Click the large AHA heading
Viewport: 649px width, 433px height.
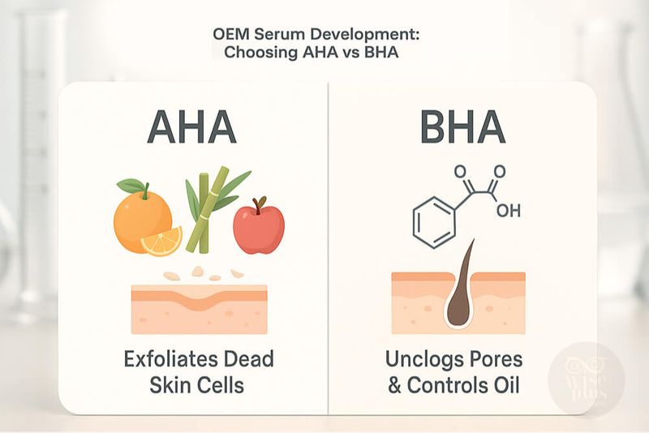coord(191,127)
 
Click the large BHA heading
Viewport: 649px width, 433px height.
coord(462,127)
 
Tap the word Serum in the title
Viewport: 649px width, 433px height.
coord(273,34)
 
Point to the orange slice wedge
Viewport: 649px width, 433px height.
coord(161,241)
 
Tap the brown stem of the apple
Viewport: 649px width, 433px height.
coord(260,204)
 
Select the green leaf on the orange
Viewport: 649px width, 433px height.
coord(131,186)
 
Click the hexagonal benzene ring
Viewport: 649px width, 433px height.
coord(435,222)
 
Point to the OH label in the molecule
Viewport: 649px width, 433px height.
coord(509,211)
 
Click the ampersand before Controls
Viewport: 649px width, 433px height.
coord(394,386)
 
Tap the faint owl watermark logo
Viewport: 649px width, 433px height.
coord(585,379)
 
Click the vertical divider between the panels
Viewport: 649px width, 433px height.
coord(329,248)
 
